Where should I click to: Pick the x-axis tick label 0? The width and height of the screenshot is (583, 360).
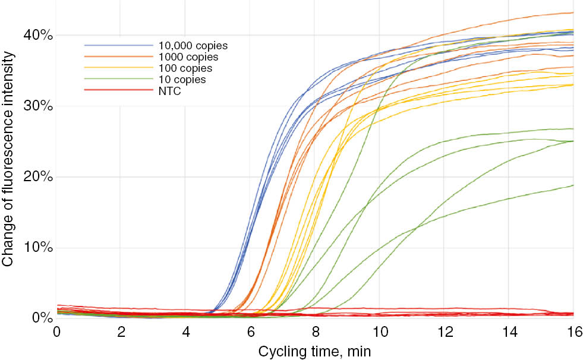[x=57, y=331]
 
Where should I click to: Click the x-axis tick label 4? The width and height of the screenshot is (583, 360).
[x=186, y=331]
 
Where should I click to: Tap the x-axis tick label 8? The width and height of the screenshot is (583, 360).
[x=315, y=331]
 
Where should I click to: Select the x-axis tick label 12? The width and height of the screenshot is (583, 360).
[x=444, y=331]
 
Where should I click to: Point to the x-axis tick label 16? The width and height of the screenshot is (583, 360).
[x=573, y=331]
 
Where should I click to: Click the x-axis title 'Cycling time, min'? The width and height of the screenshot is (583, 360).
[x=314, y=351]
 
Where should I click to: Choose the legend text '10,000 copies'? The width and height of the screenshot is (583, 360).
[x=193, y=46]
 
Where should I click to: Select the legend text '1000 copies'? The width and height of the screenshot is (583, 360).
[x=188, y=57]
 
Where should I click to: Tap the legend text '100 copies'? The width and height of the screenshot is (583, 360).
[x=185, y=68]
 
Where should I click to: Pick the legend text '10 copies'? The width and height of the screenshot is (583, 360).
[x=182, y=79]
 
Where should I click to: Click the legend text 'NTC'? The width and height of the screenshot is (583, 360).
[x=169, y=90]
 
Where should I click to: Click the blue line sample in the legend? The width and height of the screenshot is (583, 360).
[x=118, y=46]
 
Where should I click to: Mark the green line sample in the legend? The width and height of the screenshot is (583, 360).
[x=118, y=79]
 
